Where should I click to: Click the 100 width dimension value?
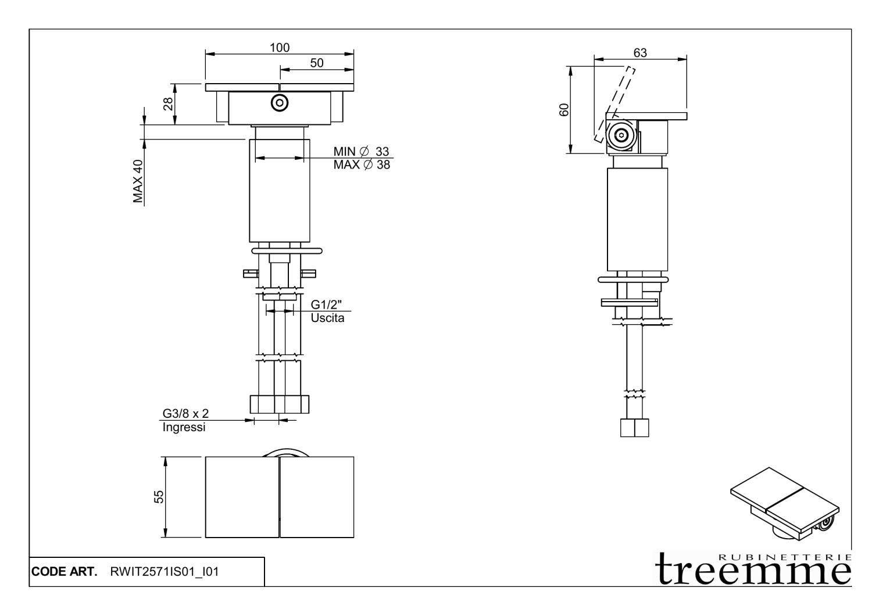(x=279, y=48)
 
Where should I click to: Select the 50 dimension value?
(x=316, y=63)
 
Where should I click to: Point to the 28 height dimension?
(x=168, y=104)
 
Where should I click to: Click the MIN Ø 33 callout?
(x=361, y=152)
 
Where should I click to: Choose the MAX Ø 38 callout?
(x=361, y=165)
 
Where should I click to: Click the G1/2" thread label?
(x=327, y=305)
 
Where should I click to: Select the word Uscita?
(x=327, y=318)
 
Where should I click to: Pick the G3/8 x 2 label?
(x=185, y=414)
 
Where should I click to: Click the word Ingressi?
(x=184, y=428)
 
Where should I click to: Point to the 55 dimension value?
(x=159, y=496)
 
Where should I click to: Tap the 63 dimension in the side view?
(x=639, y=53)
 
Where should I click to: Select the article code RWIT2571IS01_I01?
(x=165, y=572)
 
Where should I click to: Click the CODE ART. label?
(x=65, y=572)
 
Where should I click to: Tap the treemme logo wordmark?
(x=754, y=570)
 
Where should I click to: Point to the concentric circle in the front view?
(x=280, y=103)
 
